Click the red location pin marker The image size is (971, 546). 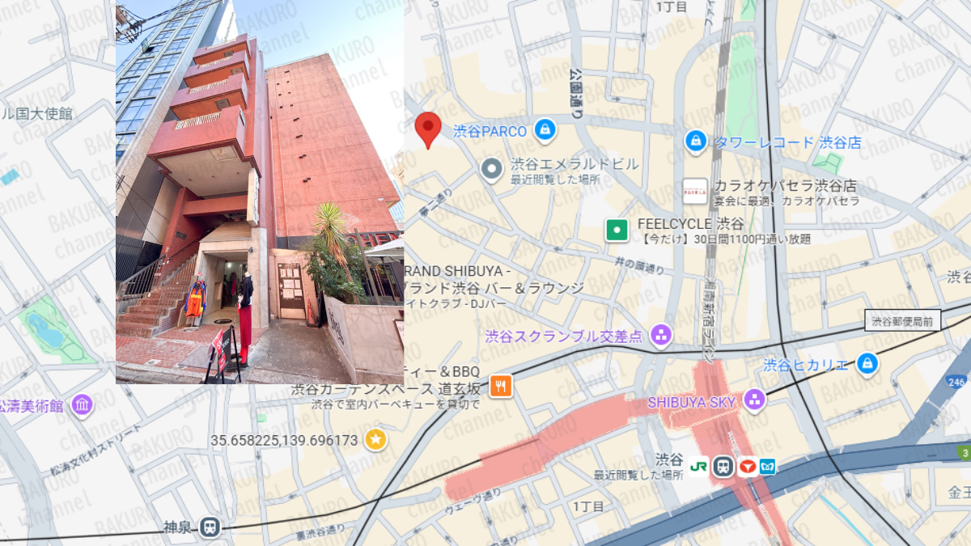click(x=428, y=129)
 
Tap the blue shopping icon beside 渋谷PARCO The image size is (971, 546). click(x=544, y=129)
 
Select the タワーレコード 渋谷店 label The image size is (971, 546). click(x=787, y=142)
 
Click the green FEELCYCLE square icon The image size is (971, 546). click(x=617, y=230)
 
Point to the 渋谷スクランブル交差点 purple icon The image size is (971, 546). click(x=661, y=336)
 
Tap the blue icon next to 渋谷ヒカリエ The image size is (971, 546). click(x=867, y=364)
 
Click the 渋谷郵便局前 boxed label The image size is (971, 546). click(x=902, y=321)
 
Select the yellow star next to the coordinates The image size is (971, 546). click(x=375, y=440)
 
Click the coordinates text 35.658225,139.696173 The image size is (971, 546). click(x=284, y=441)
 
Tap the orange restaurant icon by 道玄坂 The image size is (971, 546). click(x=501, y=386)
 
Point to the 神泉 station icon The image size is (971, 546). click(x=210, y=527)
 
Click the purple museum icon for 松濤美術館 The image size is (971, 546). click(x=81, y=405)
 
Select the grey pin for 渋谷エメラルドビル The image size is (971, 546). click(x=491, y=170)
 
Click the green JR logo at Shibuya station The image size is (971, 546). click(x=699, y=467)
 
